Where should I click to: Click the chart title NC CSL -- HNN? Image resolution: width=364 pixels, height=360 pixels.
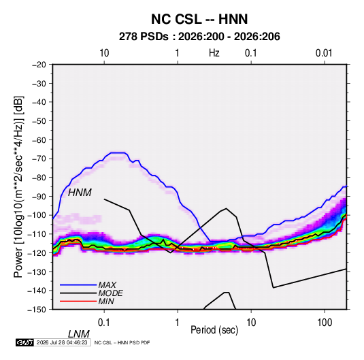coord(199,19)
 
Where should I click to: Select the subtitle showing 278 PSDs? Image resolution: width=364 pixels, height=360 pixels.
coord(199,37)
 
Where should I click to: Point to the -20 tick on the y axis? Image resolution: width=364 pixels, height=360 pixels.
coord(39,65)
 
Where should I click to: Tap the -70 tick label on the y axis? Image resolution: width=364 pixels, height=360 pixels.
coord(39,159)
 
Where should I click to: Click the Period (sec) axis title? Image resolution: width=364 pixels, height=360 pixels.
coord(214,330)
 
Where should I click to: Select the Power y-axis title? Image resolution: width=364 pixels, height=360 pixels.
coord(18,186)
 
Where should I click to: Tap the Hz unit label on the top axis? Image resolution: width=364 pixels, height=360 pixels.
coord(214,53)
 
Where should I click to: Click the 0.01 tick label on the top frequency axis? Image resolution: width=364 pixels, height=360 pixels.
coord(324,53)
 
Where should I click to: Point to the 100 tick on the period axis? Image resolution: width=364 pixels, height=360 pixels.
coord(325,323)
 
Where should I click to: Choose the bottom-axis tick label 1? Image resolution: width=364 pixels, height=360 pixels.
coord(178,323)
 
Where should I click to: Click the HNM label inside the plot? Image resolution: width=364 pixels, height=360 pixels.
coord(80,193)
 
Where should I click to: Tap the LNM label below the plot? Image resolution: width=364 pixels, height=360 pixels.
coord(78,334)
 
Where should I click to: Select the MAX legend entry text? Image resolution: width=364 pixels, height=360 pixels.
coord(107,285)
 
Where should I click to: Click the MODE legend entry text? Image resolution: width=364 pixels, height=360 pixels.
coord(110,293)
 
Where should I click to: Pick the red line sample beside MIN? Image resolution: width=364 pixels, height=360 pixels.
coord(78,301)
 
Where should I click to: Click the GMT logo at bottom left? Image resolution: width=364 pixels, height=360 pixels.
coord(24,342)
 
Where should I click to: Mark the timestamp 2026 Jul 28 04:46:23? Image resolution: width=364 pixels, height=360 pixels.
coord(62,342)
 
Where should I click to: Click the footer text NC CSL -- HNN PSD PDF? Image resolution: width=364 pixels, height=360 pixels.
coord(122,342)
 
